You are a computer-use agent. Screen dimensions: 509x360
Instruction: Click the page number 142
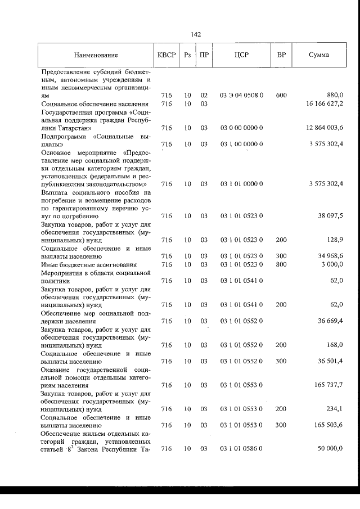point(196,34)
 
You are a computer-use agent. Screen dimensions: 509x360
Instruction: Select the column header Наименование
point(96,55)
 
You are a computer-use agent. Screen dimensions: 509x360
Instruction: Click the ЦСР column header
point(242,55)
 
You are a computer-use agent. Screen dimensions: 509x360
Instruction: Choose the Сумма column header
point(319,55)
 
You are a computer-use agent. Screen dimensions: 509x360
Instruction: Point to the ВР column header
point(282,55)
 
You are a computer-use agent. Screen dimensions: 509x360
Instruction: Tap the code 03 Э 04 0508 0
point(242,96)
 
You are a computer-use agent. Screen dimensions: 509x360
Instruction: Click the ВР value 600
point(282,96)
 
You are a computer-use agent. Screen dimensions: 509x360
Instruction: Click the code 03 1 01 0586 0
point(242,449)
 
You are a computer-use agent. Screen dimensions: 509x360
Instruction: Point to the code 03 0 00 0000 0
point(242,128)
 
